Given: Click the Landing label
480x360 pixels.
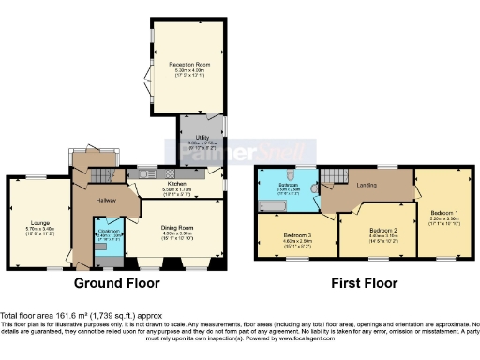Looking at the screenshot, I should (x=367, y=185).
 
